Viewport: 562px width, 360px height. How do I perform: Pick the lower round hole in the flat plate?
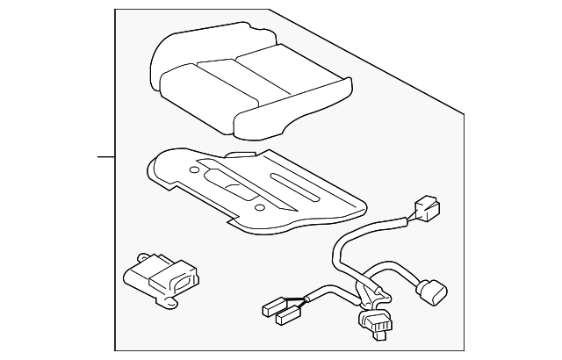[259, 207]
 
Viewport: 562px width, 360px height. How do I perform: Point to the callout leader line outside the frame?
[106, 158]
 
